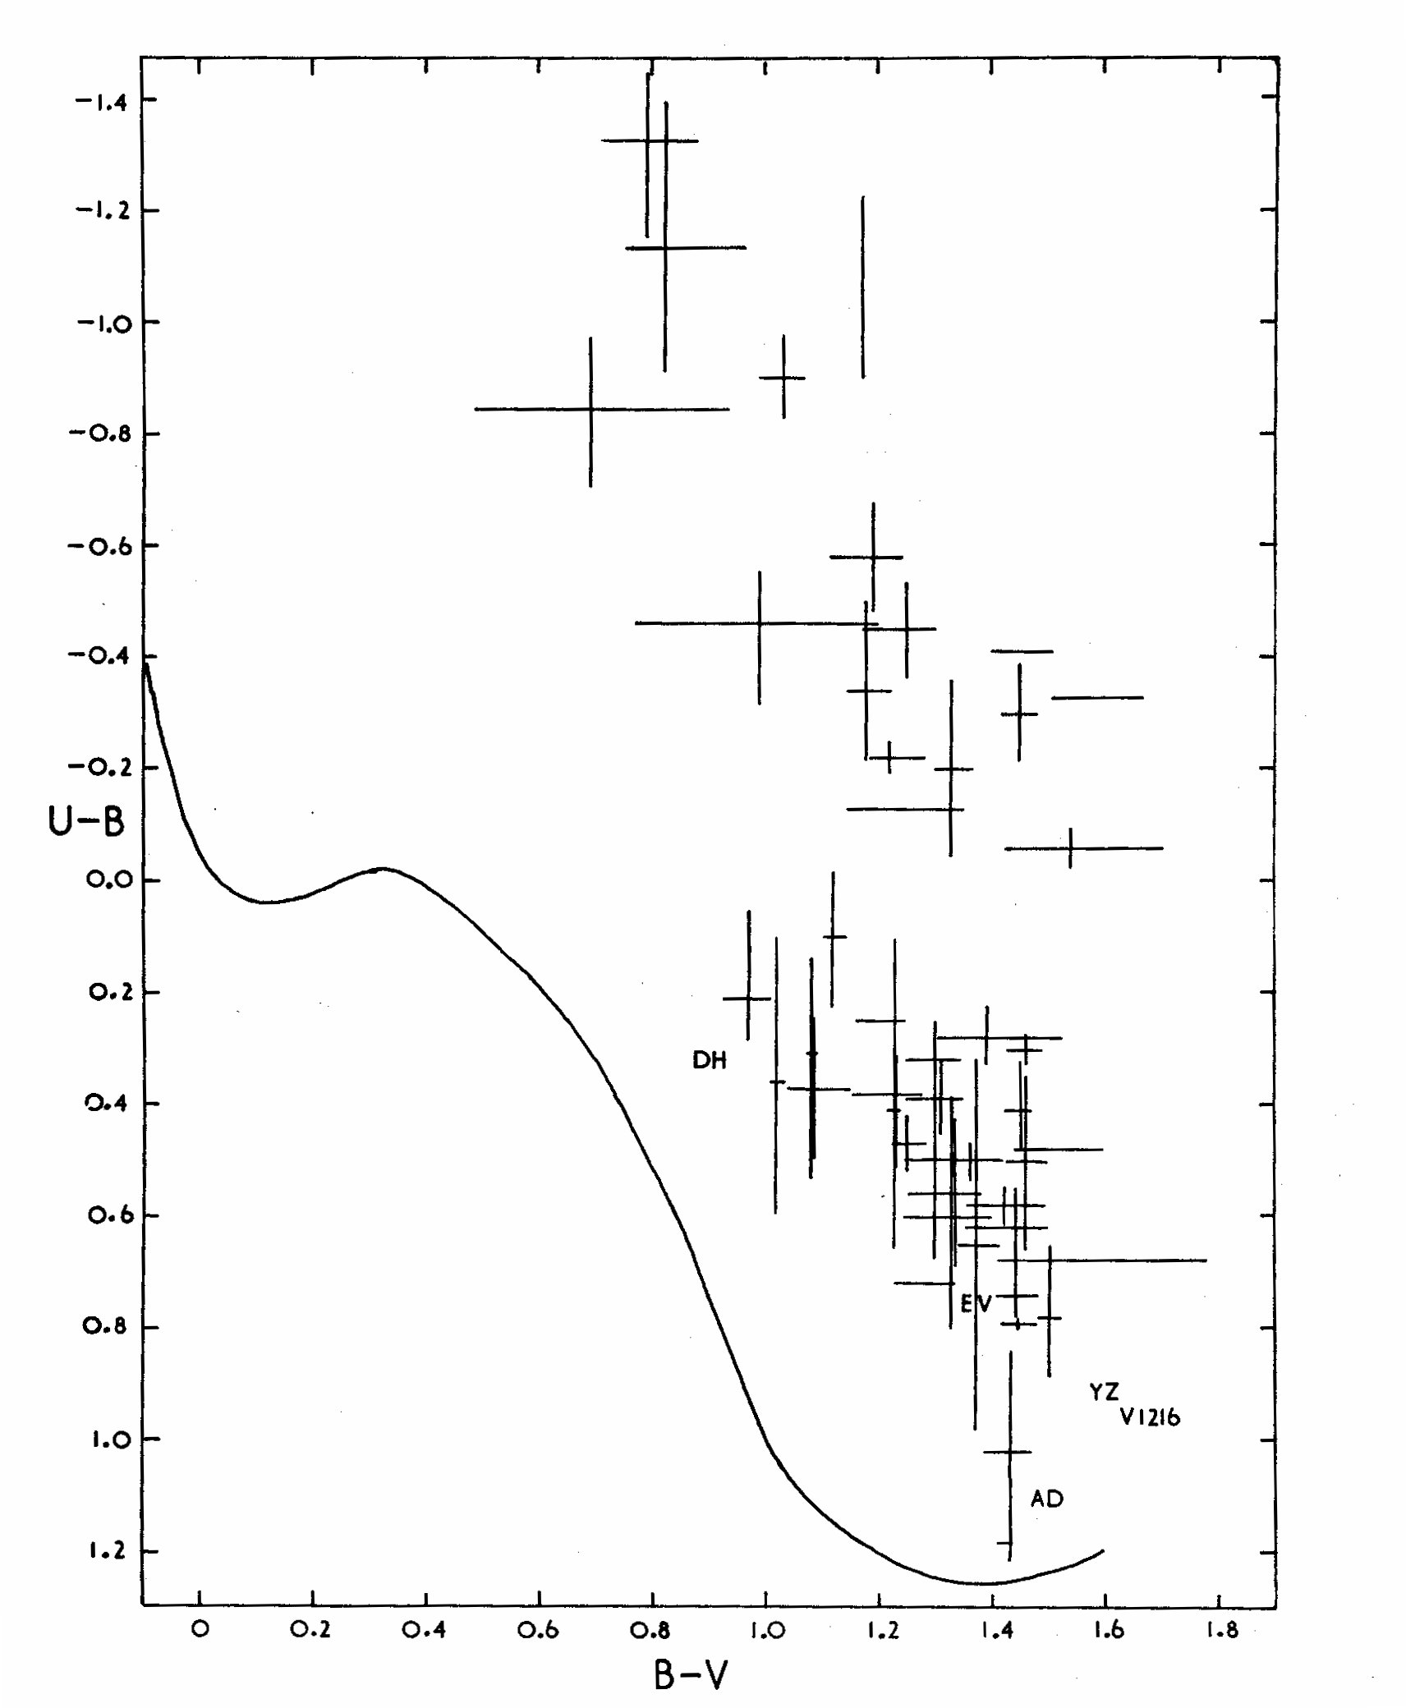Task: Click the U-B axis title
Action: click(86, 820)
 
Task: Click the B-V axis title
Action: click(691, 1675)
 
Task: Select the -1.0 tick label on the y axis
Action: click(103, 324)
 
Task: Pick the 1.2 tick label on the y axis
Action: click(107, 1551)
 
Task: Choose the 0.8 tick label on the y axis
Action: click(107, 1327)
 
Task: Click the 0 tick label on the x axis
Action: click(200, 1628)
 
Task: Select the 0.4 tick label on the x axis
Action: click(424, 1629)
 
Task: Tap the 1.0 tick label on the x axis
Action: click(765, 1629)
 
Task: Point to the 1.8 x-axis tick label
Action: click(1221, 1629)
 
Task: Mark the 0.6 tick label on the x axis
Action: click(538, 1629)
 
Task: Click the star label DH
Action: click(710, 1061)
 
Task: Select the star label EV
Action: click(976, 1303)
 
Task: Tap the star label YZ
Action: click(1104, 1392)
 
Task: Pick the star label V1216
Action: click(1151, 1417)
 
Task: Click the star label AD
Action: click(1047, 1499)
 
